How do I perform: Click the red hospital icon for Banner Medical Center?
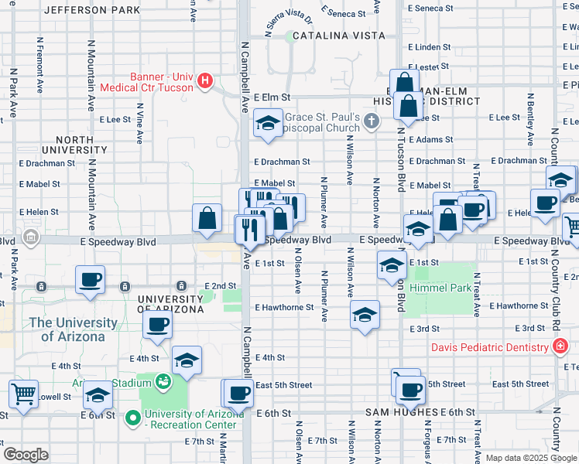[x=205, y=80]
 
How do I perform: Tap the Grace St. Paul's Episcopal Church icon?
[x=372, y=120]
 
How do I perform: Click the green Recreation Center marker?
[x=133, y=419]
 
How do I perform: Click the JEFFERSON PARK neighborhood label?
[x=92, y=10]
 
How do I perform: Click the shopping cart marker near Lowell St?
[x=24, y=394]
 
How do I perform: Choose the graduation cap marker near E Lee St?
[x=268, y=124]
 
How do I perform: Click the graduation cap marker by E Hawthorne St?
[x=365, y=314]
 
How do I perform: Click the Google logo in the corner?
[x=26, y=455]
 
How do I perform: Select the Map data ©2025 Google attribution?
[x=530, y=458]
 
